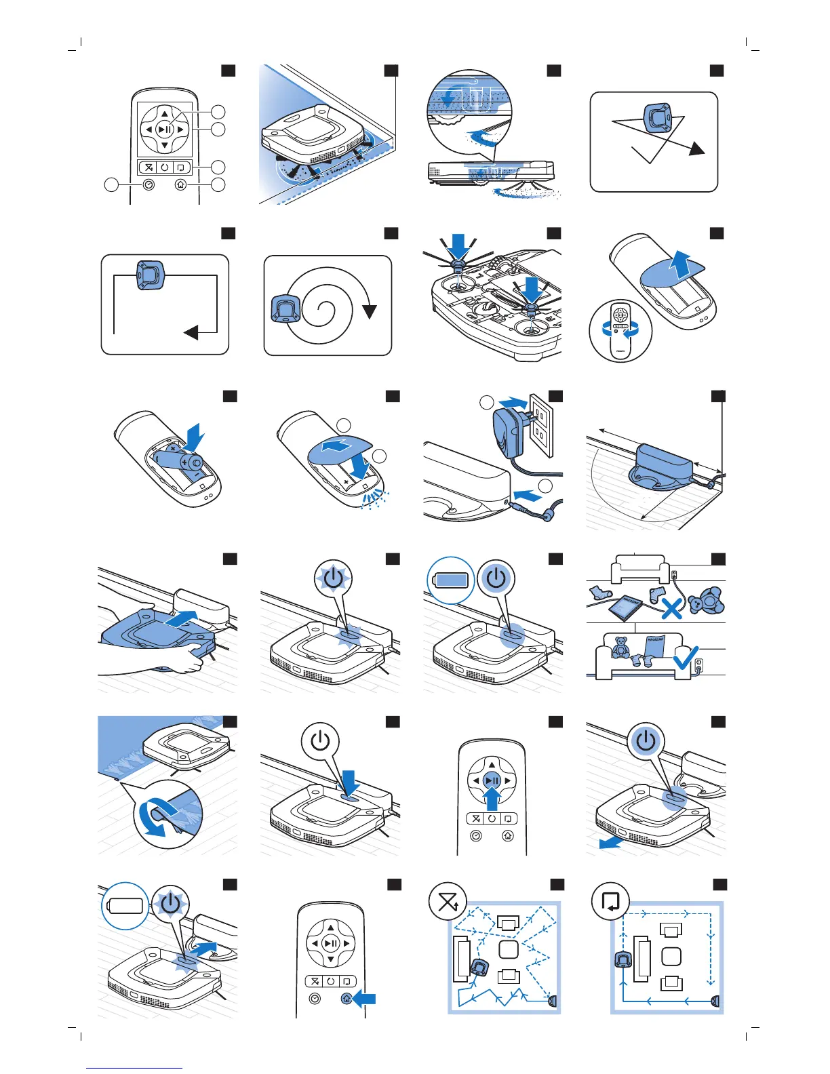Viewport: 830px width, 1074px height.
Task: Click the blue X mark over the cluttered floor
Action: pyautogui.click(x=671, y=608)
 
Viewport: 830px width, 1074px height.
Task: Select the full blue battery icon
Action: pyautogui.click(x=452, y=580)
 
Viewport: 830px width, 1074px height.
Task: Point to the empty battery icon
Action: pyautogui.click(x=125, y=905)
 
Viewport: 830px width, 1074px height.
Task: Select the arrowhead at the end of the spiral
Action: pyautogui.click(x=370, y=312)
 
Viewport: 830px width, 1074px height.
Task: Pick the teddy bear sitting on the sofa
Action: pyautogui.click(x=621, y=647)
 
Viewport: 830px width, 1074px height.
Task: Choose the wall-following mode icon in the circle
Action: pyautogui.click(x=610, y=901)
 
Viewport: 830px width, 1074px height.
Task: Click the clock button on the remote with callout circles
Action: pyautogui.click(x=149, y=184)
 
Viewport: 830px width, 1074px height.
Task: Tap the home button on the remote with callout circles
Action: pyautogui.click(x=180, y=184)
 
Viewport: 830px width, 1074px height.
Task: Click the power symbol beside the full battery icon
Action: pyautogui.click(x=496, y=578)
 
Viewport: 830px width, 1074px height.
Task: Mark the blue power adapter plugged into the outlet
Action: pyautogui.click(x=508, y=430)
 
